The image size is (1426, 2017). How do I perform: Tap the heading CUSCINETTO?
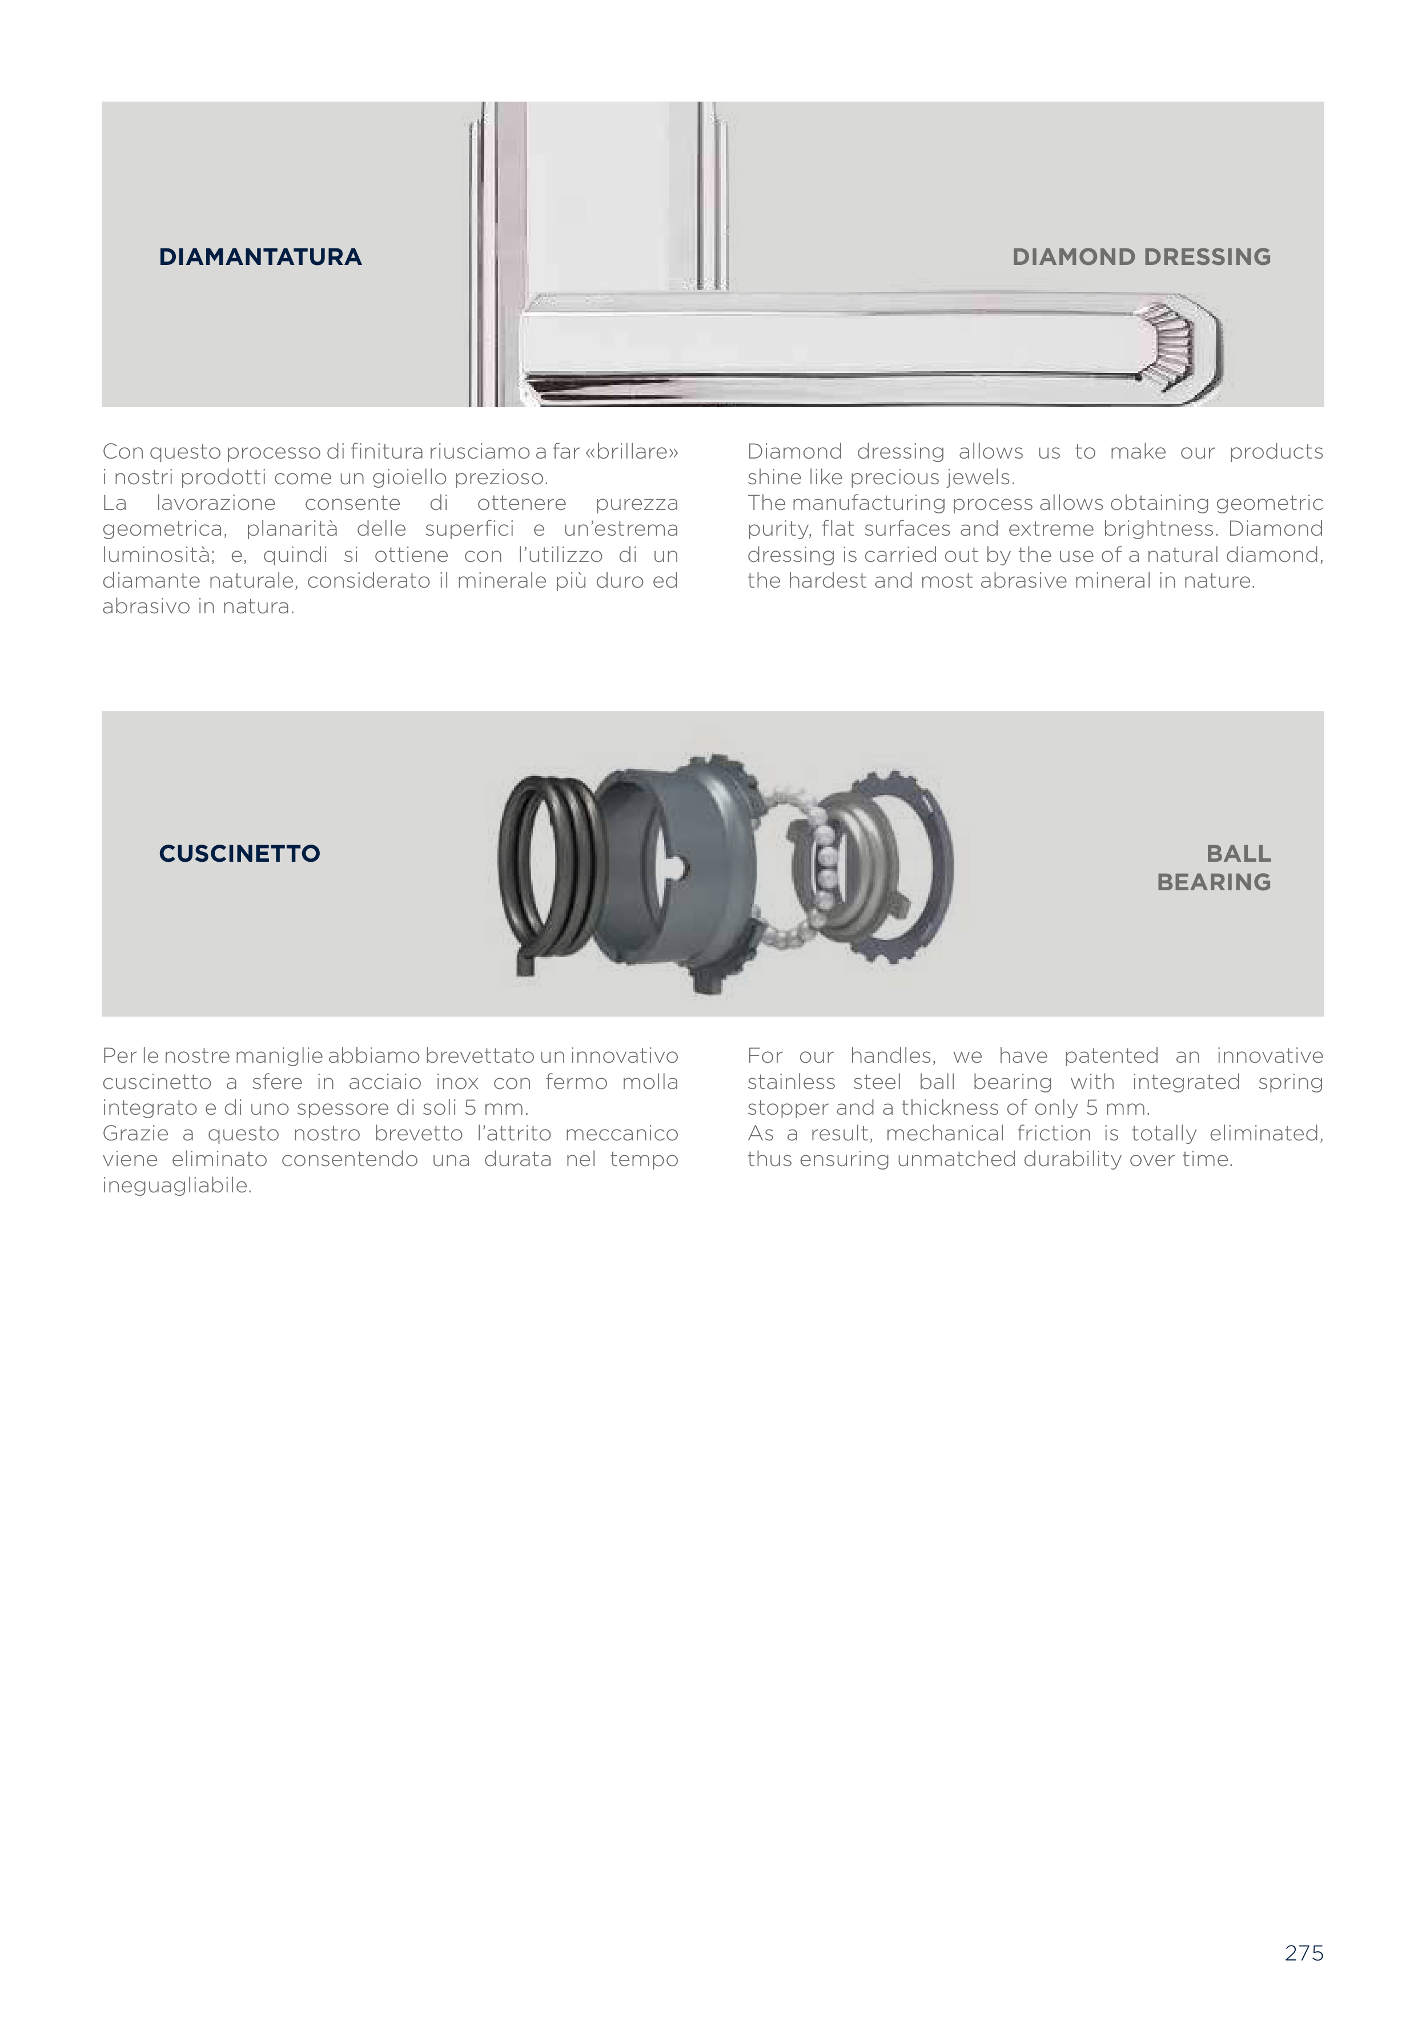click(x=239, y=853)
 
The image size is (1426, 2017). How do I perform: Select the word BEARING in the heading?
click(x=1214, y=881)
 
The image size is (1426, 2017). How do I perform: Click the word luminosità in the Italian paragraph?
click(x=155, y=555)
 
